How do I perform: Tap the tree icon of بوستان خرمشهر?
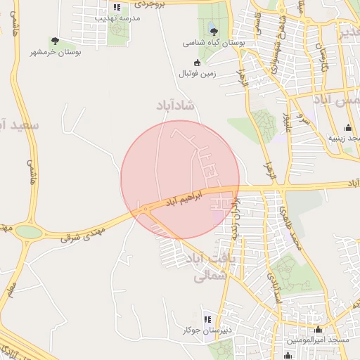(x=56, y=41)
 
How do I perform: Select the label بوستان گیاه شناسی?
(x=214, y=43)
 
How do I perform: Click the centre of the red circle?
(x=180, y=180)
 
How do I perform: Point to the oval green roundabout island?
(x=28, y=231)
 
